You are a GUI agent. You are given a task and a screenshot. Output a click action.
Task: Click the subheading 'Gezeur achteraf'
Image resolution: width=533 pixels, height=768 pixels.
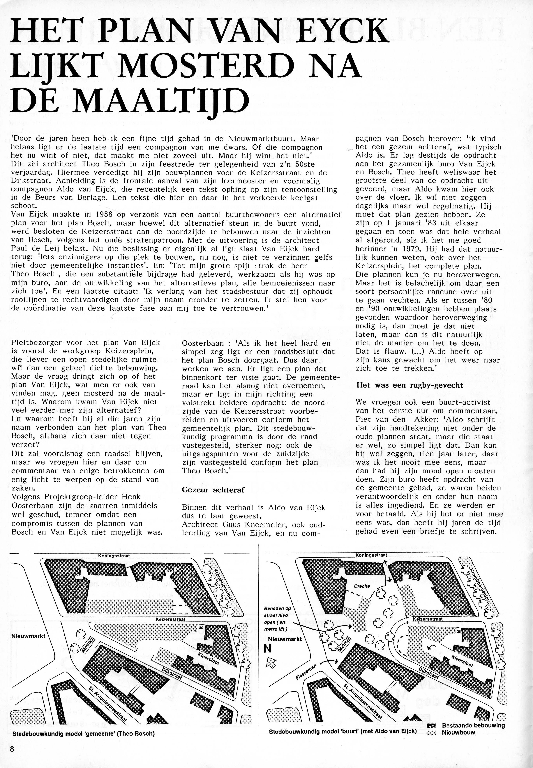(x=213, y=490)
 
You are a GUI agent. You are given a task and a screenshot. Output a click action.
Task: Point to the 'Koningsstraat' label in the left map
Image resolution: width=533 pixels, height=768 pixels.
(x=114, y=556)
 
